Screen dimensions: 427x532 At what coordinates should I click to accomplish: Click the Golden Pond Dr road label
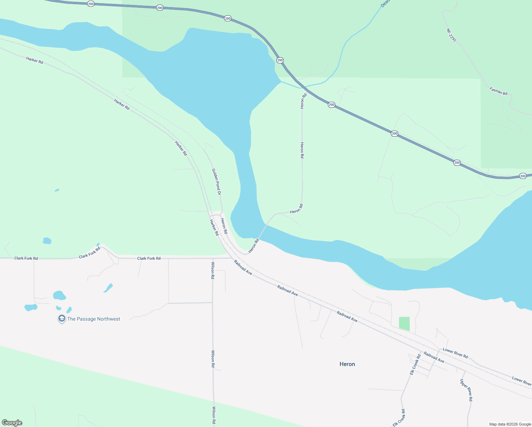tap(217, 181)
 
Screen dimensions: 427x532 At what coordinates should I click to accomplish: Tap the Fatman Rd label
tap(498, 91)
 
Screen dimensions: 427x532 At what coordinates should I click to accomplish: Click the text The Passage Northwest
tap(94, 319)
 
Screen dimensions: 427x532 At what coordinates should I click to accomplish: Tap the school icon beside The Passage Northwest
tap(62, 319)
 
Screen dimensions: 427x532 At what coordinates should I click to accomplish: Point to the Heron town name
tap(347, 364)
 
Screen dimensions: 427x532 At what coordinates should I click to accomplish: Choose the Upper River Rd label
tap(466, 390)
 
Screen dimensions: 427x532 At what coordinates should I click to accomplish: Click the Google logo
tap(12, 423)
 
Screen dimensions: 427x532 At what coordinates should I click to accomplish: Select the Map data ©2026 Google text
tap(510, 424)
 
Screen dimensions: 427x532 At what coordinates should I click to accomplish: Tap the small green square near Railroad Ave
tap(404, 324)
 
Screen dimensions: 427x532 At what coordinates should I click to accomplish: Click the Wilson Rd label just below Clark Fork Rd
tap(213, 270)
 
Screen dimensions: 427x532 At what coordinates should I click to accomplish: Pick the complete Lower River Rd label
tap(455, 353)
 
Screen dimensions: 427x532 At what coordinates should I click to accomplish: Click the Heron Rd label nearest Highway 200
tap(303, 101)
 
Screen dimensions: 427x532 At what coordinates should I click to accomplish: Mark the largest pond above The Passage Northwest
tap(59, 295)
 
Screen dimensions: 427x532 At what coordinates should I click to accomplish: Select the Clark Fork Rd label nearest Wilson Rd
tap(149, 258)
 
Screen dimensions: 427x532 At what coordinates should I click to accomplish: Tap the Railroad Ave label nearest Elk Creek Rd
tap(434, 357)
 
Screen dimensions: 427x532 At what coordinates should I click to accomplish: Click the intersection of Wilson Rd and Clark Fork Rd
tap(213, 258)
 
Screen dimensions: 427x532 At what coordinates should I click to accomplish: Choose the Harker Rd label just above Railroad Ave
tap(214, 228)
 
